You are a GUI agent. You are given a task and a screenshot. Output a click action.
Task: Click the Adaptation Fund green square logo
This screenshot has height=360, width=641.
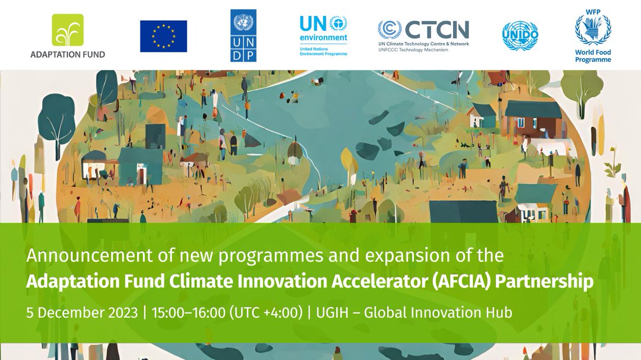click(67, 30)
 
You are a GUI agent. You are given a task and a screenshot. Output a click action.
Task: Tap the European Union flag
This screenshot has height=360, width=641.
click(163, 36)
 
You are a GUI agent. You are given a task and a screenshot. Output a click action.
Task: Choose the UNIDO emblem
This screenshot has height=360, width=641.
click(520, 36)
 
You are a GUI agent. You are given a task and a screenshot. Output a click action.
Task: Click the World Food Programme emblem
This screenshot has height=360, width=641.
click(593, 29)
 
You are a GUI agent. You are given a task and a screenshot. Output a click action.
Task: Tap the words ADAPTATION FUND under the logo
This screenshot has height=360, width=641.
click(67, 54)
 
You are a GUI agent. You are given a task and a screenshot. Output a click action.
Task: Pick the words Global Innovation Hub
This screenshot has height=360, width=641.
click(438, 312)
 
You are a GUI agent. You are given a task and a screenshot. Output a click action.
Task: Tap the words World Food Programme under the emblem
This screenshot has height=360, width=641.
click(593, 56)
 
